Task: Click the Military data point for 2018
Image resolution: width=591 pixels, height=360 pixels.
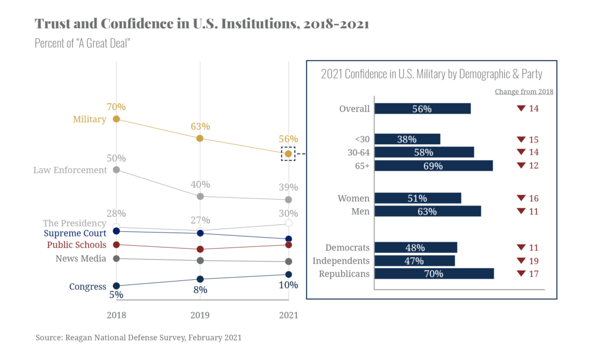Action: point(116,119)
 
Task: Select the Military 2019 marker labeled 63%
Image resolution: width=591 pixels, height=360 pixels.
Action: point(200,138)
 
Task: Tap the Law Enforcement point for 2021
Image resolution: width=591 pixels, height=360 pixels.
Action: point(289,200)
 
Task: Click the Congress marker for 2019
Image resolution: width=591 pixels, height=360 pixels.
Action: point(200,279)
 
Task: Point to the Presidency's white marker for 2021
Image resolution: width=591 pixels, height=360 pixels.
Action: point(289,223)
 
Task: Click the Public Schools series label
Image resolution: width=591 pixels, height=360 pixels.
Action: point(77,245)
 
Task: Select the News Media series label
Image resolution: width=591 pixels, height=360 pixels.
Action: point(81,258)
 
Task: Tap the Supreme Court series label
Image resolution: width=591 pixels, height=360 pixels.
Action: point(75,234)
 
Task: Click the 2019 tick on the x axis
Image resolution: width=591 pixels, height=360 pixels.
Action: point(200,316)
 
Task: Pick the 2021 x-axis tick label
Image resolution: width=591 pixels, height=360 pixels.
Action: point(289,316)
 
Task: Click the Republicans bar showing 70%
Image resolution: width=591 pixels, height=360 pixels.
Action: point(434,273)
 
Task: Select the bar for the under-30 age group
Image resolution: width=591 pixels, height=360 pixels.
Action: point(407,139)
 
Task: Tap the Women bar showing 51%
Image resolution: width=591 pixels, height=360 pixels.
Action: point(418,198)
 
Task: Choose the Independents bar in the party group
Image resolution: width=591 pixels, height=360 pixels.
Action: point(415,261)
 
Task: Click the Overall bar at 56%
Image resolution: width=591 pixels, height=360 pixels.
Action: point(422,108)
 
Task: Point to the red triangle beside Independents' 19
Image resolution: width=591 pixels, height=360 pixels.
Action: point(521,261)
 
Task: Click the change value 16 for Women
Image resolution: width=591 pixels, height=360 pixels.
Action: point(533,198)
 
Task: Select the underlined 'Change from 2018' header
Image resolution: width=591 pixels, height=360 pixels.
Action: point(524,92)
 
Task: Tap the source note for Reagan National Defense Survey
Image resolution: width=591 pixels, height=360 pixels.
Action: point(139,337)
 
